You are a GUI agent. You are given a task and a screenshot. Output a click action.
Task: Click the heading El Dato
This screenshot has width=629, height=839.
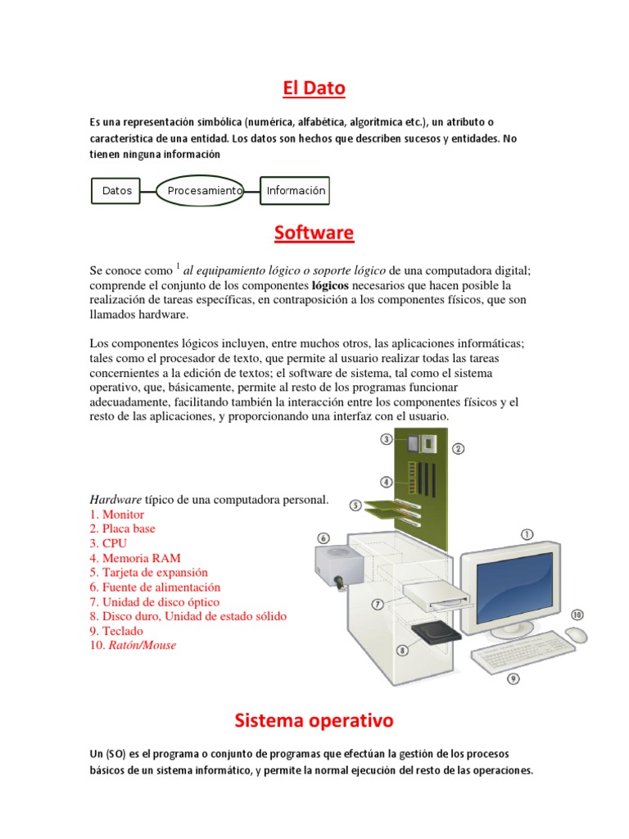point(314,88)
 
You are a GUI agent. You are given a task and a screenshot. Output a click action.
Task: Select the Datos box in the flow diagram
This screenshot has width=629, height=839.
point(117,191)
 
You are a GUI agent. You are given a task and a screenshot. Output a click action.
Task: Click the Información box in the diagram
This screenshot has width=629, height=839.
point(295,191)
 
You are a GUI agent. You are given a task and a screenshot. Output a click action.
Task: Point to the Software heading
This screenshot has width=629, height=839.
point(314,234)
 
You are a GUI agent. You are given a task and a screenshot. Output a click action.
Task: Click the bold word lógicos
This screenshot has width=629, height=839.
point(330,286)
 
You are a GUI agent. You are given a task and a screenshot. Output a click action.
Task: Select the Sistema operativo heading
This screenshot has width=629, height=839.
point(314,721)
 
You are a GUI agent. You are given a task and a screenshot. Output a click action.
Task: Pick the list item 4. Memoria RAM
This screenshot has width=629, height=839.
point(135,558)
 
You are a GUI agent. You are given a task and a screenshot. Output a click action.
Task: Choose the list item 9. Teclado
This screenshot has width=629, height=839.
point(116,631)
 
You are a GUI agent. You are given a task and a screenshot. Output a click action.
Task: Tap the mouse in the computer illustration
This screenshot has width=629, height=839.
point(576,635)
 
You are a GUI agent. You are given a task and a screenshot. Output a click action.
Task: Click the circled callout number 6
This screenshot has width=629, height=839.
point(323,538)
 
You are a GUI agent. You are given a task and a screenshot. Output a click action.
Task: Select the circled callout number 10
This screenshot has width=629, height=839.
point(577,615)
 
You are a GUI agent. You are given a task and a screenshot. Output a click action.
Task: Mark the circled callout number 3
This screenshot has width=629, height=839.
point(387,439)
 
